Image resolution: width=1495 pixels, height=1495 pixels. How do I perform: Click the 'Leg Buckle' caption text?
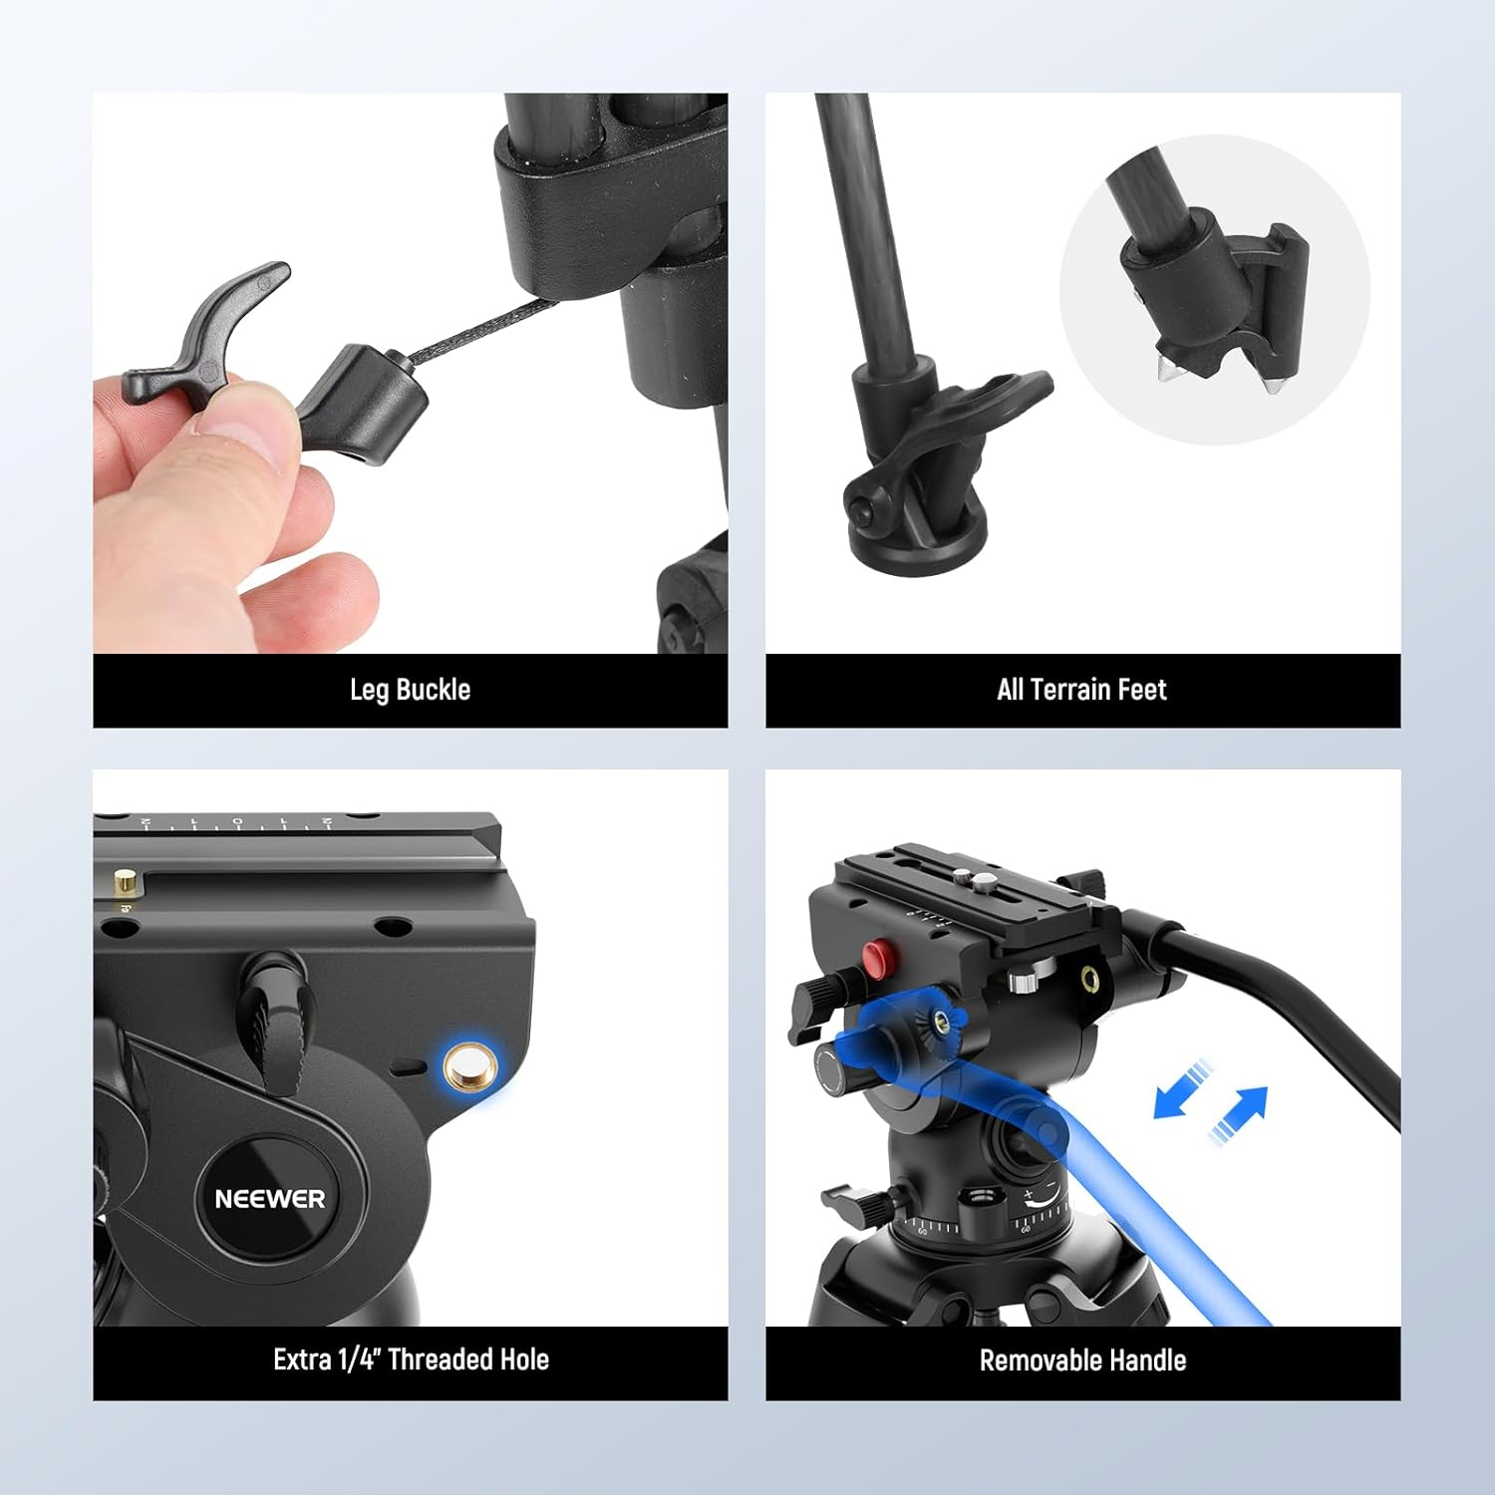pyautogui.click(x=410, y=690)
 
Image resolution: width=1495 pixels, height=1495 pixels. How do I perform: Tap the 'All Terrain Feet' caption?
pyautogui.click(x=1081, y=690)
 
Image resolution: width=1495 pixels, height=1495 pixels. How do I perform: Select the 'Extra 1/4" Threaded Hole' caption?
pyautogui.click(x=411, y=1359)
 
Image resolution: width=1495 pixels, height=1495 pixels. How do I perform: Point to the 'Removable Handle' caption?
pyautogui.click(x=1082, y=1360)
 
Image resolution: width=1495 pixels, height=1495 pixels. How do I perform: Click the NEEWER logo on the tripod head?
pyautogui.click(x=269, y=1198)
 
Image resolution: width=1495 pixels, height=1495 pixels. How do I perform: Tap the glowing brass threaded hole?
pyautogui.click(x=464, y=1067)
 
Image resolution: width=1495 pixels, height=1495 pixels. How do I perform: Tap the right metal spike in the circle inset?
pyautogui.click(x=1273, y=383)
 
